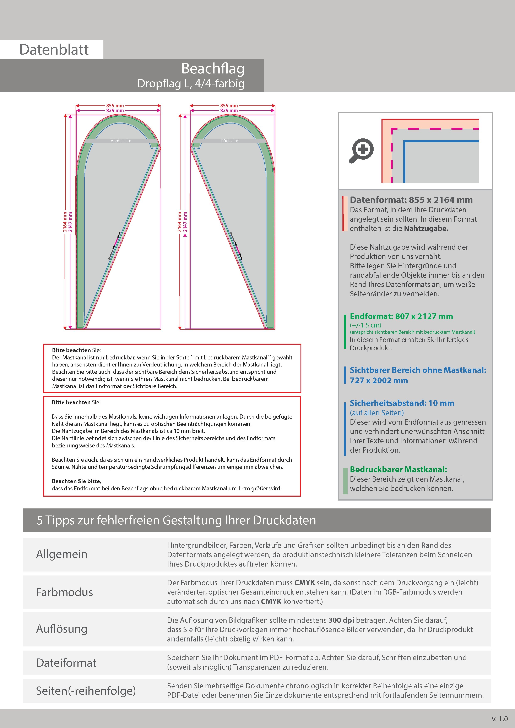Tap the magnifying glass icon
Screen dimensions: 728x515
coord(361,151)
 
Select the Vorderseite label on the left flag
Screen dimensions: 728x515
coord(121,141)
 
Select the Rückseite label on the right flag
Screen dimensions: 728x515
coord(229,141)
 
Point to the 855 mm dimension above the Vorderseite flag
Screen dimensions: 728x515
coord(115,106)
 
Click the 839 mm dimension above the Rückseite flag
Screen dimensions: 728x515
coord(229,110)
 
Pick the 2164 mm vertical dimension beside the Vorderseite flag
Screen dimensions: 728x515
coord(65,222)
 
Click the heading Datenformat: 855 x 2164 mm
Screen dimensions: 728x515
coord(411,200)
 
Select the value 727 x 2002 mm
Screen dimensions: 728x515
coord(379,380)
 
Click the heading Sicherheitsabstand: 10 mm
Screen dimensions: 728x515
coord(402,403)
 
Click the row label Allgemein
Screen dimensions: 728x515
coord(61,554)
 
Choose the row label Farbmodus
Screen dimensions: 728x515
coord(64,592)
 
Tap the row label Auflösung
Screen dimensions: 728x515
coord(61,629)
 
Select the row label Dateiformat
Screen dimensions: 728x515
coord(66,663)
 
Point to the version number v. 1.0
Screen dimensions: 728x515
coord(500,718)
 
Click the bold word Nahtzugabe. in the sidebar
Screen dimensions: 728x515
coord(426,228)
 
